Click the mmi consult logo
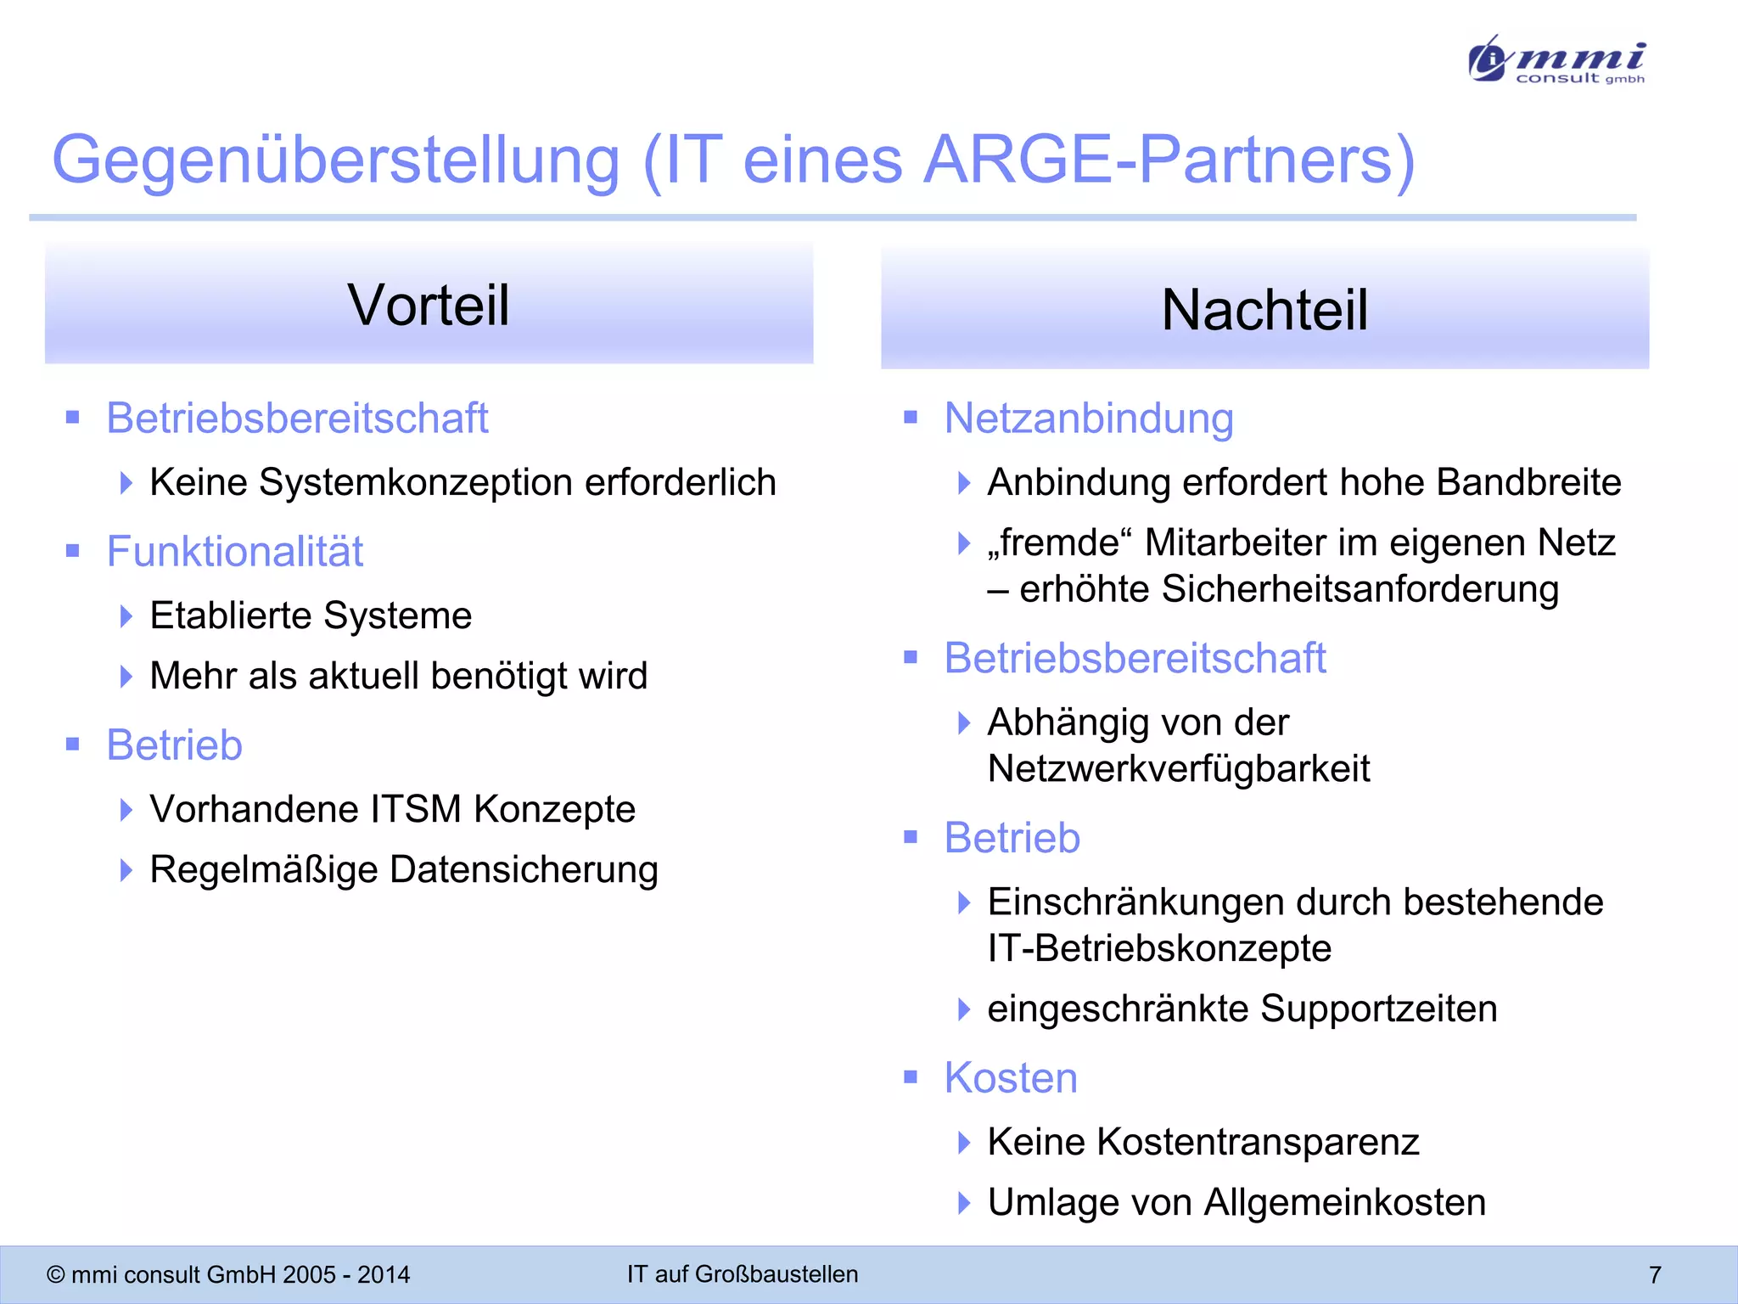click(1556, 59)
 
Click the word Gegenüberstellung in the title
click(336, 160)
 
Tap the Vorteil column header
click(429, 304)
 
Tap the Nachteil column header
click(1264, 309)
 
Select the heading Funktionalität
click(234, 552)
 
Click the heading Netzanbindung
click(1089, 419)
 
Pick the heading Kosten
click(1011, 1078)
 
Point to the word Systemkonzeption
click(416, 482)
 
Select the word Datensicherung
click(524, 869)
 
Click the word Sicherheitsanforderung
click(1360, 589)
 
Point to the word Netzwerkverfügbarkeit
click(1179, 769)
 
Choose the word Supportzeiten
click(1378, 1009)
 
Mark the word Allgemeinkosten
click(1344, 1202)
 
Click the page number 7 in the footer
click(1655, 1274)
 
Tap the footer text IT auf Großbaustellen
click(743, 1274)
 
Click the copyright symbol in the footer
click(56, 1275)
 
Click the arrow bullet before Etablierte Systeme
click(126, 616)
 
